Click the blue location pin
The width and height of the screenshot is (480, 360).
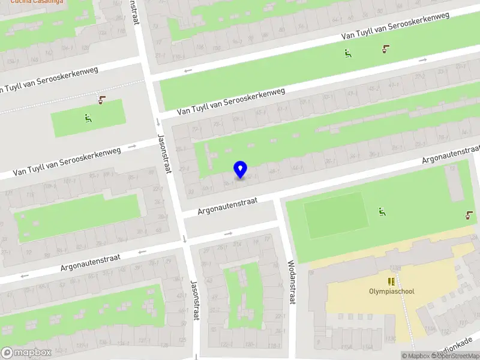[x=241, y=170]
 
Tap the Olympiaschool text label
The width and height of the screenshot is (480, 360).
[x=391, y=292]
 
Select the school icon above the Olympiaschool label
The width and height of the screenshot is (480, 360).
[x=391, y=281]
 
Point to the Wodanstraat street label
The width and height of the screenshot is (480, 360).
[x=292, y=282]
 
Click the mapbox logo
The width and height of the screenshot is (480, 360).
[x=26, y=353]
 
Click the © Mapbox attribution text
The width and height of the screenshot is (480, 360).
[x=416, y=356]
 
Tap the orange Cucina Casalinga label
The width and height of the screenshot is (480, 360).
[x=37, y=2]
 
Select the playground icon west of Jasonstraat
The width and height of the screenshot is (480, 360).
[x=89, y=118]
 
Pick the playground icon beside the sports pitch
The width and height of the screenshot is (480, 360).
[x=382, y=211]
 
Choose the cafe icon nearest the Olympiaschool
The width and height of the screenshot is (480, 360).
[x=469, y=214]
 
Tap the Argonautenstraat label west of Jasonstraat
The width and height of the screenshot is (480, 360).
[x=91, y=262]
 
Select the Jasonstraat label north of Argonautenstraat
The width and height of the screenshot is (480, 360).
[x=164, y=153]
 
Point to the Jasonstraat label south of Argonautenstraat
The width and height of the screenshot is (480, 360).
[x=194, y=300]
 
